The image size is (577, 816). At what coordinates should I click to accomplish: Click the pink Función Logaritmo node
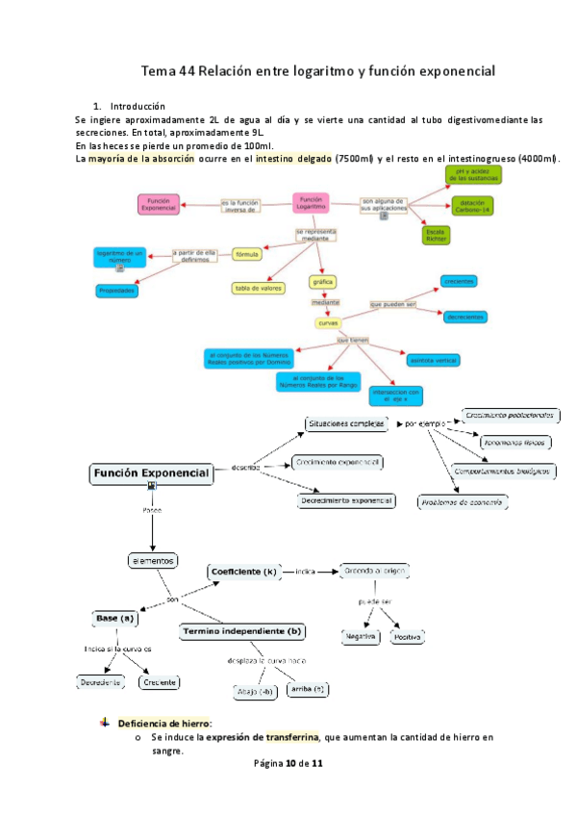tap(312, 203)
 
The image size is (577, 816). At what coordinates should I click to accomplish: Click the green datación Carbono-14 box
tap(472, 204)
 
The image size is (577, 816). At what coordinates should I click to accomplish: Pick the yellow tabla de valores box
tap(258, 287)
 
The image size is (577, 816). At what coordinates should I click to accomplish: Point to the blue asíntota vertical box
tap(433, 359)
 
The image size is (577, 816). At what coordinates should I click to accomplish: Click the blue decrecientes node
tap(464, 316)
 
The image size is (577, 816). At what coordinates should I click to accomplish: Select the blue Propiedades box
tap(119, 290)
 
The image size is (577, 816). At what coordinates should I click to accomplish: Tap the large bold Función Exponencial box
tap(151, 473)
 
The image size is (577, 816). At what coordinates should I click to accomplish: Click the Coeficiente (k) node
tap(242, 572)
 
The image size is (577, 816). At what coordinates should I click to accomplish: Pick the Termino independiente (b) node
tap(242, 632)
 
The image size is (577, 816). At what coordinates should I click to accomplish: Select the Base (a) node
tap(113, 617)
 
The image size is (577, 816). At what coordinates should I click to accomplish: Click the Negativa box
tap(361, 637)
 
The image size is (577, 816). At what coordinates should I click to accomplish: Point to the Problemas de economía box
tap(463, 502)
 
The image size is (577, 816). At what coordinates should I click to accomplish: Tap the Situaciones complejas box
tap(346, 423)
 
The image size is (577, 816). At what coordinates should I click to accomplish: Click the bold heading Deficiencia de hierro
tap(164, 723)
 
